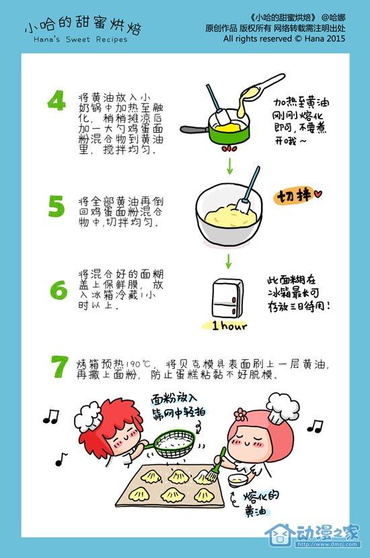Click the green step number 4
pyautogui.click(x=57, y=100)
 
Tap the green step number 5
pyautogui.click(x=57, y=206)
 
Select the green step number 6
pyautogui.click(x=59, y=290)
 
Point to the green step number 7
pyautogui.click(x=59, y=367)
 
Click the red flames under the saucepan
pyautogui.click(x=229, y=149)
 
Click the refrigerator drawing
pyautogui.click(x=228, y=299)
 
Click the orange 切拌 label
pyautogui.click(x=294, y=195)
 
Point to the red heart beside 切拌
pyautogui.click(x=318, y=194)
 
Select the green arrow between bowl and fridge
pyautogui.click(x=228, y=261)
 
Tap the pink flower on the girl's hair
pyautogui.click(x=241, y=414)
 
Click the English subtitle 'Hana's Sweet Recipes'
pyautogui.click(x=81, y=40)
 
